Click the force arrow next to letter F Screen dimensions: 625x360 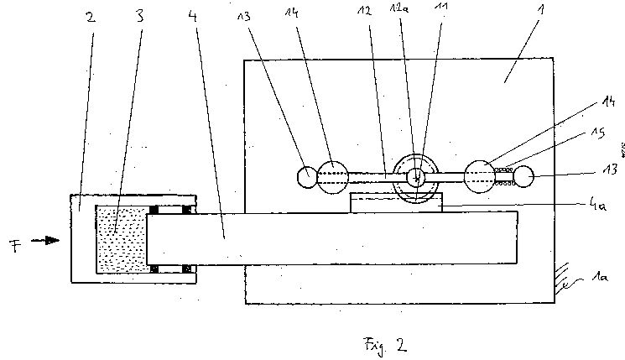pyautogui.click(x=45, y=240)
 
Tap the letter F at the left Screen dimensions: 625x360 pyautogui.click(x=15, y=246)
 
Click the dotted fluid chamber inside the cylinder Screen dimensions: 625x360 pyautogui.click(x=122, y=239)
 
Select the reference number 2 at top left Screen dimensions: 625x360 pyautogui.click(x=91, y=17)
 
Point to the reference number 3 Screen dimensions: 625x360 pyautogui.click(x=139, y=16)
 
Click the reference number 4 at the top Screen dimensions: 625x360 pyautogui.click(x=193, y=16)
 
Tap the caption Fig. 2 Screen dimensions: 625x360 pyautogui.click(x=385, y=345)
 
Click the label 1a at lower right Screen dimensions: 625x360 pyautogui.click(x=600, y=276)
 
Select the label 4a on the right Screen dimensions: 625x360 pyautogui.click(x=597, y=205)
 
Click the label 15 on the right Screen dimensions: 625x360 pyautogui.click(x=598, y=132)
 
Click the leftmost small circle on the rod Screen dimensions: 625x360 pyautogui.click(x=307, y=177)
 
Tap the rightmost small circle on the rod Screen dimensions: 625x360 pyautogui.click(x=523, y=176)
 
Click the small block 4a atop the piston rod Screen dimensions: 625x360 pyautogui.click(x=397, y=203)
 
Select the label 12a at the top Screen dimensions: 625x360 pyautogui.click(x=399, y=8)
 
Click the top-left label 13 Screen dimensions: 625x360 pyautogui.click(x=243, y=16)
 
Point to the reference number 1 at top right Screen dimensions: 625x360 pyautogui.click(x=540, y=8)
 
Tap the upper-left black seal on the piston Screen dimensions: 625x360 pyautogui.click(x=154, y=210)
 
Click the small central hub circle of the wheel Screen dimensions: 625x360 pyautogui.click(x=416, y=177)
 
